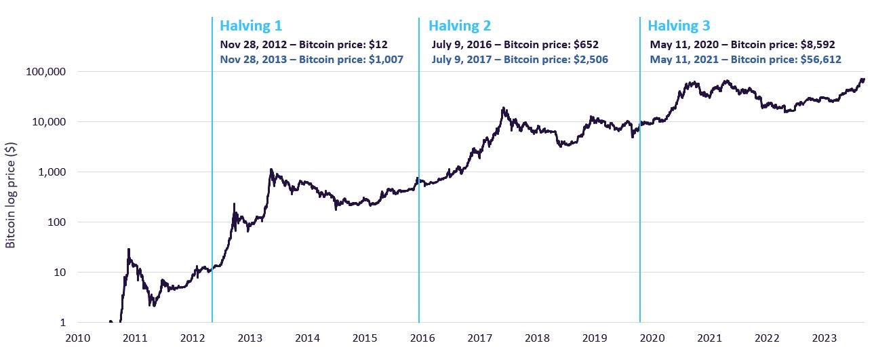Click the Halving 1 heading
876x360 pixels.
pos(251,26)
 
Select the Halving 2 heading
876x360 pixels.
pos(459,26)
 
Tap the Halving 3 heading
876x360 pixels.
pos(679,26)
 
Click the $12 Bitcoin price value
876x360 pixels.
pos(379,45)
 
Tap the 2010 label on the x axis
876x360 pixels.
pos(77,338)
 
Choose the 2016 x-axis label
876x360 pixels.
pos(422,338)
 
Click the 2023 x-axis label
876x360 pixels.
pos(824,338)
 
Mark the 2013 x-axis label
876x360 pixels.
pos(250,338)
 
